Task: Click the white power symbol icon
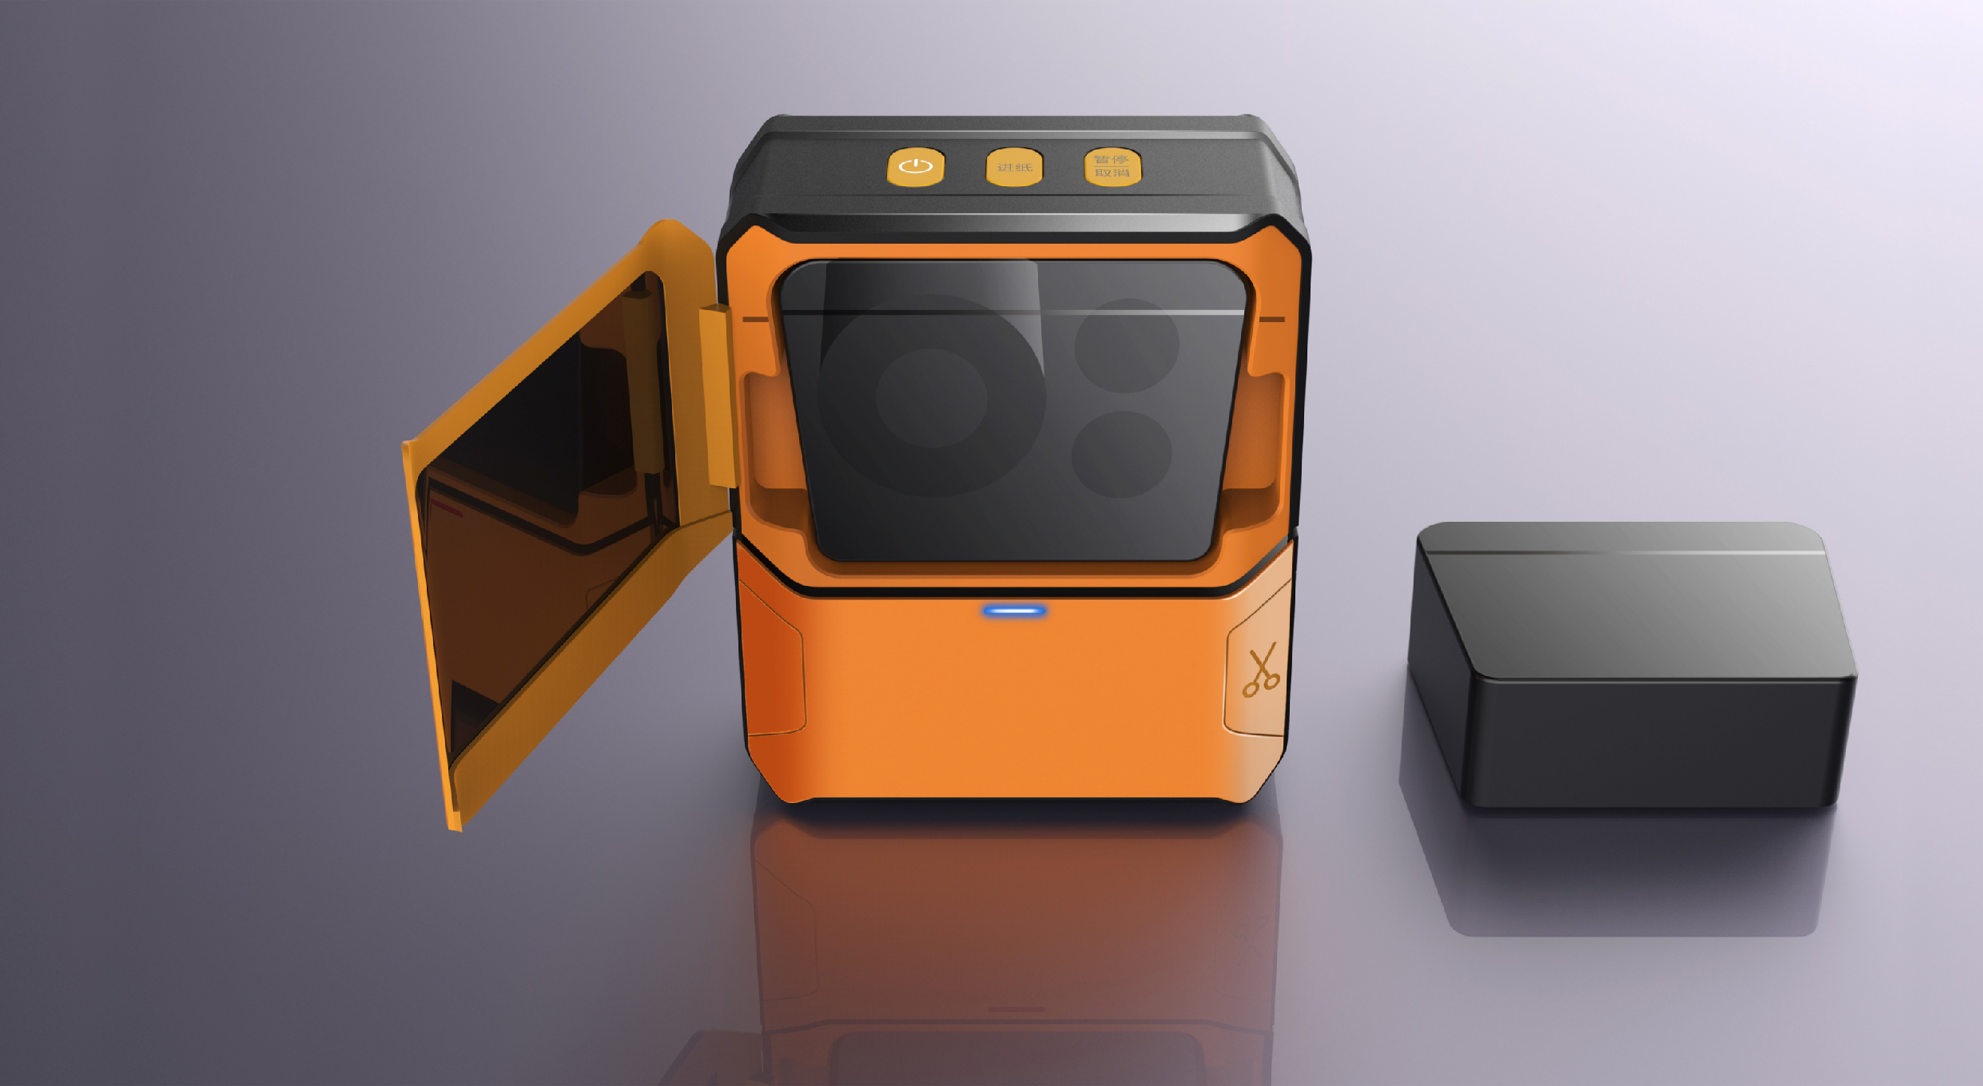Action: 915,166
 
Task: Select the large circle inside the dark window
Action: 931,397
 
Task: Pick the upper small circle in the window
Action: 1126,346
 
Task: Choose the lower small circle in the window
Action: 1122,454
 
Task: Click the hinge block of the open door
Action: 716,397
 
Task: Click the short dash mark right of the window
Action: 1272,319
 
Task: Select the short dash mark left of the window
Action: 755,318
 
